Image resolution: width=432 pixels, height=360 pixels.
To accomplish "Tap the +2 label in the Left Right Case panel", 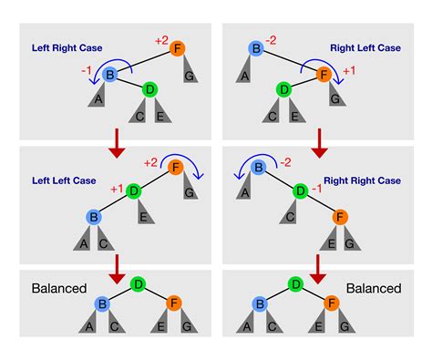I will (x=160, y=41).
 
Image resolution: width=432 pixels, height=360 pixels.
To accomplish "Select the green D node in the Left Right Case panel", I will (x=149, y=89).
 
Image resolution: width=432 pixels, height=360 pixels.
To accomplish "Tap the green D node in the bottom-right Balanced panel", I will (x=295, y=284).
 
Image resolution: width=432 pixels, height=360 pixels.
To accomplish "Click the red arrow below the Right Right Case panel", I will (x=316, y=267).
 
